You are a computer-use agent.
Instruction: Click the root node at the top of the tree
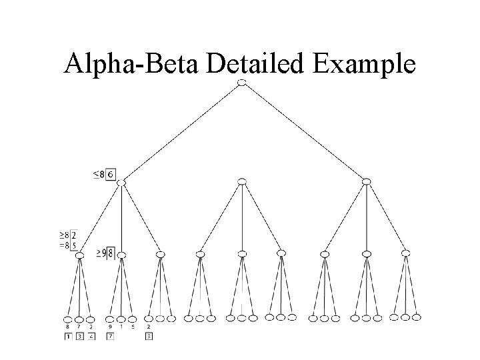point(241,82)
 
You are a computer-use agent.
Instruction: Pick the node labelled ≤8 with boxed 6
point(121,181)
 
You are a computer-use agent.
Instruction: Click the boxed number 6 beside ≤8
point(111,175)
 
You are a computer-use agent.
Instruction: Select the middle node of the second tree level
point(242,181)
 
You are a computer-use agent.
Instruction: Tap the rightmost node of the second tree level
point(366,181)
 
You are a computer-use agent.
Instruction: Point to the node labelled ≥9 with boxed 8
point(121,254)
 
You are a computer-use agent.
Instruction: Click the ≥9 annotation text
point(101,253)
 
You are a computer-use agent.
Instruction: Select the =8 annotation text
point(64,245)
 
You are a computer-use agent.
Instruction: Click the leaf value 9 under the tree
point(110,327)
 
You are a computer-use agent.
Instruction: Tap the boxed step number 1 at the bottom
point(68,337)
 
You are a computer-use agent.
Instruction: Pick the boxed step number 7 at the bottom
point(110,337)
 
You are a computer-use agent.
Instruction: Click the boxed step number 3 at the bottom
point(79,337)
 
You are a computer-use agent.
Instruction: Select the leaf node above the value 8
point(68,319)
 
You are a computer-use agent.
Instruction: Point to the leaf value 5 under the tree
point(133,327)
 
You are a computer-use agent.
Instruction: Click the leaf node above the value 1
point(121,319)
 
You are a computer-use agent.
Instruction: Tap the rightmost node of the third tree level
point(406,253)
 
